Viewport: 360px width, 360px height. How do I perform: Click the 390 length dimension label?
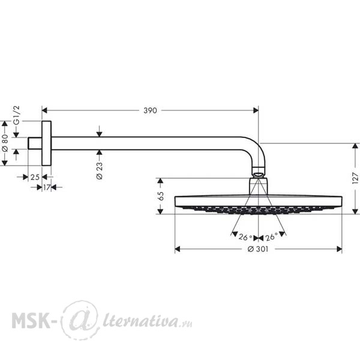pyautogui.click(x=150, y=110)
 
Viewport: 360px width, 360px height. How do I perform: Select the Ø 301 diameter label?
pyautogui.click(x=258, y=249)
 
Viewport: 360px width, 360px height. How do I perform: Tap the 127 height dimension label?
pyautogui.click(x=355, y=178)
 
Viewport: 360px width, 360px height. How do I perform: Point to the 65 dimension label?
pyautogui.click(x=161, y=196)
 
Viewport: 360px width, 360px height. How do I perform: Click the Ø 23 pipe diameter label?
pyautogui.click(x=100, y=170)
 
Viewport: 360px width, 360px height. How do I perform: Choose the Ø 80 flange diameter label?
pyautogui.click(x=5, y=143)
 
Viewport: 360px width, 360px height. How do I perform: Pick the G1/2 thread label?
pyautogui.click(x=17, y=115)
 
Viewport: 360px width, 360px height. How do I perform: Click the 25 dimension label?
pyautogui.click(x=35, y=177)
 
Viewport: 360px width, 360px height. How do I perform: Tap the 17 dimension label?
pyautogui.click(x=47, y=187)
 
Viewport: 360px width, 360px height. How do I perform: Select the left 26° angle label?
pyautogui.click(x=245, y=237)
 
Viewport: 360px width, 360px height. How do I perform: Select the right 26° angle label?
pyautogui.click(x=272, y=236)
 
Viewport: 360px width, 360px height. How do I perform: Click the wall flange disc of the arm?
pyautogui.click(x=47, y=143)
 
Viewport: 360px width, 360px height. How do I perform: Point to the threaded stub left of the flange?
pyautogui.click(x=35, y=143)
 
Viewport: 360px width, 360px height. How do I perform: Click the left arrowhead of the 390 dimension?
pyautogui.click(x=44, y=110)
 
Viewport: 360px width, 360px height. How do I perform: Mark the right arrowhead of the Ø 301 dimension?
pyautogui.click(x=339, y=249)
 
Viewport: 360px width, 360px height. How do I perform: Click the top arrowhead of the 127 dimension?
pyautogui.click(x=355, y=146)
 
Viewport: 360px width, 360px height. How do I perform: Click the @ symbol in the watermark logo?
pyautogui.click(x=80, y=320)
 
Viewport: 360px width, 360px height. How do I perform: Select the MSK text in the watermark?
pyautogui.click(x=31, y=320)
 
